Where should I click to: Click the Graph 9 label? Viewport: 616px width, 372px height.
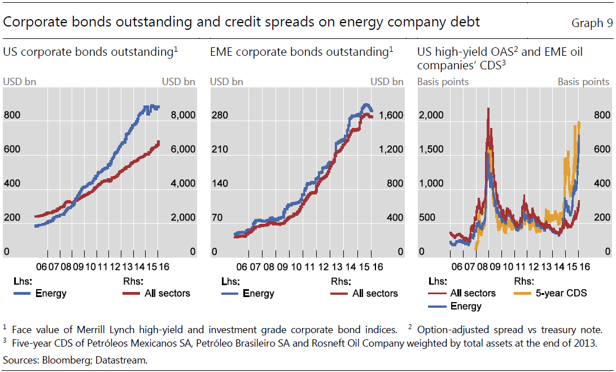(592, 23)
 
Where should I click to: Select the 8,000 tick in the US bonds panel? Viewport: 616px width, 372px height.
(183, 116)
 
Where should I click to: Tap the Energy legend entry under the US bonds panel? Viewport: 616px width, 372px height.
(51, 294)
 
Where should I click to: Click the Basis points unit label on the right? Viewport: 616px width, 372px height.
(583, 82)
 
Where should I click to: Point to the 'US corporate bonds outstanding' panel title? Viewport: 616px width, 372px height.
(89, 52)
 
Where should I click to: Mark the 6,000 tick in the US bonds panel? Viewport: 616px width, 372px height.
(183, 149)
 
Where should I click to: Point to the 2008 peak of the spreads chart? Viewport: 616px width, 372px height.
(488, 108)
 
